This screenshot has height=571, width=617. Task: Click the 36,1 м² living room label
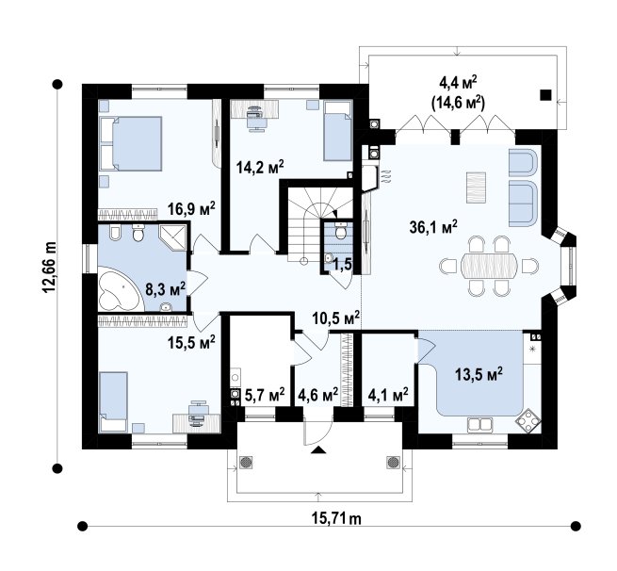click(433, 227)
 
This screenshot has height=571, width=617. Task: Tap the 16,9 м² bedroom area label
click(191, 208)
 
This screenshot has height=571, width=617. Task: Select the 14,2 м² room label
click(260, 167)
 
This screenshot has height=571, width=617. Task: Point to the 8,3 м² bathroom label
click(166, 289)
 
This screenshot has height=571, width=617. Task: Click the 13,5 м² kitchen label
click(479, 374)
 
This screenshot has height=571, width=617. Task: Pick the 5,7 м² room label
click(265, 395)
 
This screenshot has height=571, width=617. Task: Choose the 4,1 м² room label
click(388, 395)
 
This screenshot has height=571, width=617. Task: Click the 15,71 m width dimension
click(336, 518)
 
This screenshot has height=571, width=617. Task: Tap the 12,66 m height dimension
click(50, 268)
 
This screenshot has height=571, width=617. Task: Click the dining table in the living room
click(489, 266)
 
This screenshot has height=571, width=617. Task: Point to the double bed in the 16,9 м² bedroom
click(131, 143)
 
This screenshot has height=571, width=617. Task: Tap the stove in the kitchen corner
click(528, 422)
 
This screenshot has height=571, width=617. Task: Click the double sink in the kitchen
click(479, 424)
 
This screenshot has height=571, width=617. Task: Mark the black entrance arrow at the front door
click(318, 450)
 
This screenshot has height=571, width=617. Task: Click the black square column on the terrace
click(545, 95)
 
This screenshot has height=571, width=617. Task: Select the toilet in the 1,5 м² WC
click(341, 231)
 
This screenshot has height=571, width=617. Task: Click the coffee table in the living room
click(476, 188)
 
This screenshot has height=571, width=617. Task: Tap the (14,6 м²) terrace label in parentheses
click(458, 103)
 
